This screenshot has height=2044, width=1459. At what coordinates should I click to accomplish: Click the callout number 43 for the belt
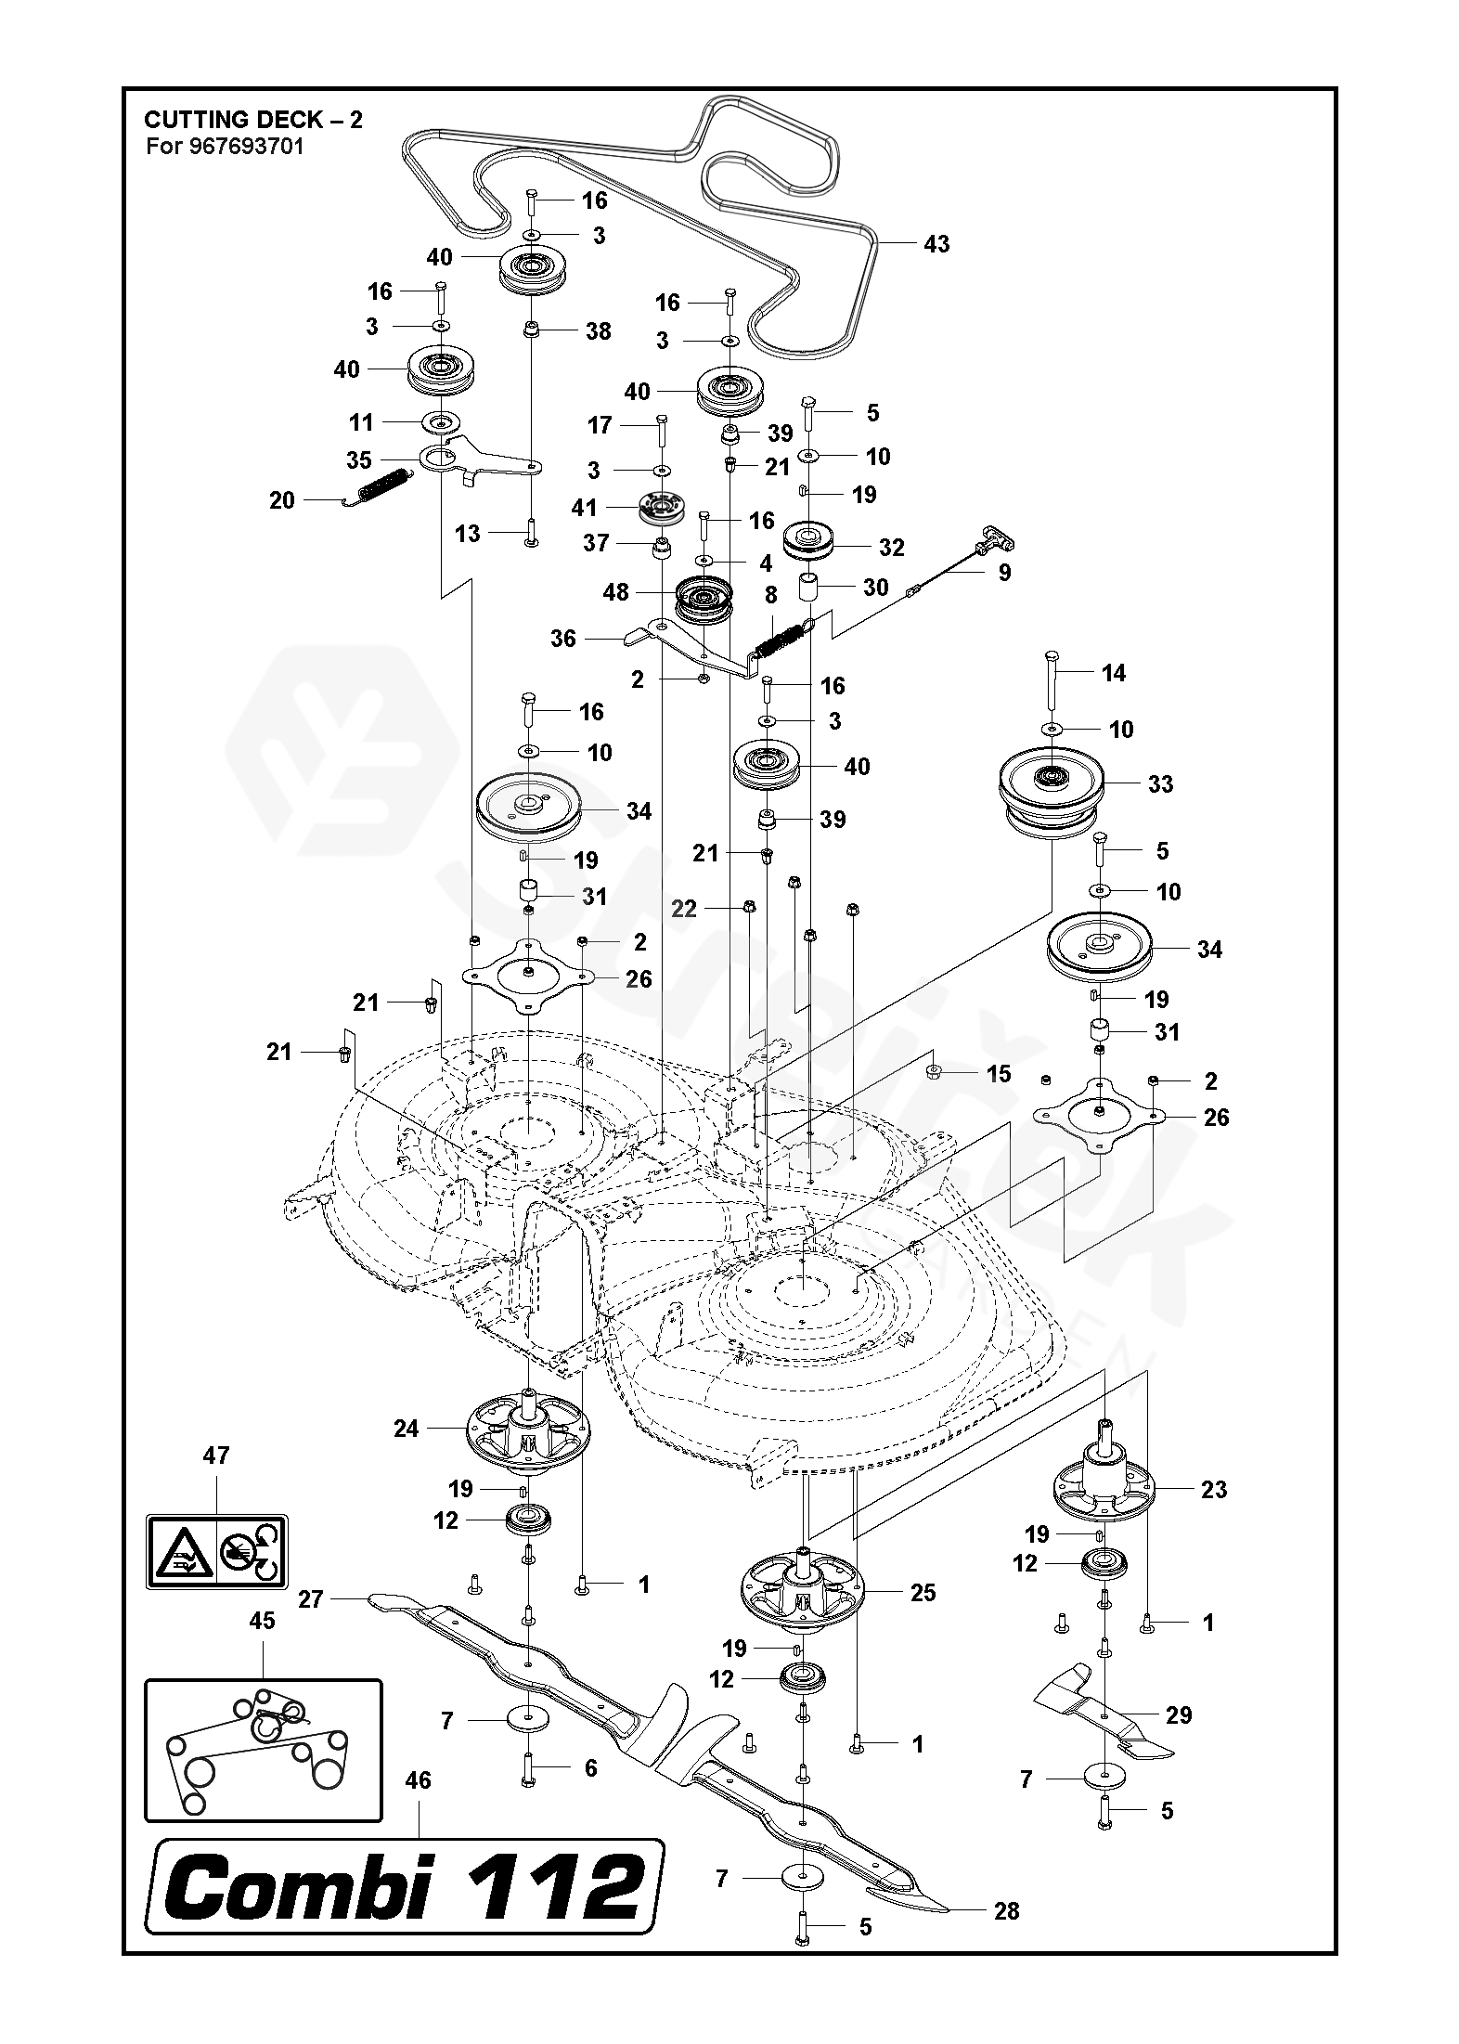936,244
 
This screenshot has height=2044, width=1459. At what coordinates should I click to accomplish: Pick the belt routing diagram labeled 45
263,1750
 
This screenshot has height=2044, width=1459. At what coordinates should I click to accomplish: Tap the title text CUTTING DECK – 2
253,119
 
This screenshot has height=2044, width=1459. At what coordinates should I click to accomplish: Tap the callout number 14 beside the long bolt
1114,673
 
